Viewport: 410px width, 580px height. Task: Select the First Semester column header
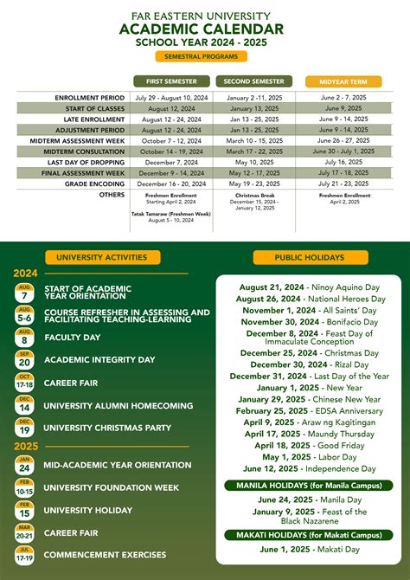171,81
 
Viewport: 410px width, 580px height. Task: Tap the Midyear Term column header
343,81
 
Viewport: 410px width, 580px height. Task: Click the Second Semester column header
253,81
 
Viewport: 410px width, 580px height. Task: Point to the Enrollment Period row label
90,98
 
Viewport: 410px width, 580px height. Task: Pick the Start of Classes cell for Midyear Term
343,108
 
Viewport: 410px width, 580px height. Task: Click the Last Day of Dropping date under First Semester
171,162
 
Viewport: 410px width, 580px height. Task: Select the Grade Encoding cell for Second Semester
253,184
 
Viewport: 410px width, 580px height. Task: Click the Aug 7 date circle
25,293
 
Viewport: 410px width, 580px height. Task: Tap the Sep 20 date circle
25,359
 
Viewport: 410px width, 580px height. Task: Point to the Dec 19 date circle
25,427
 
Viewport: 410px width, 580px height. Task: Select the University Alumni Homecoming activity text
118,406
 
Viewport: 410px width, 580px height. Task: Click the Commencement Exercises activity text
106,555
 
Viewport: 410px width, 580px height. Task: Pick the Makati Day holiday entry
309,551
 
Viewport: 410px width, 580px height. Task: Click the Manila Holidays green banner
310,486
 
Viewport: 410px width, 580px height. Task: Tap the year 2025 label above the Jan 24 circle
26,446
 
